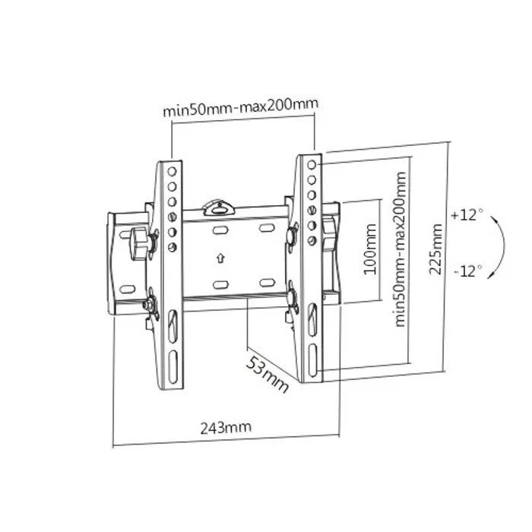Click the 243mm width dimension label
(x=226, y=427)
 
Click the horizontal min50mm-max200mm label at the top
(x=240, y=108)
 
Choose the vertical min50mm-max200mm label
(x=401, y=249)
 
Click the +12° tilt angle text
(x=466, y=215)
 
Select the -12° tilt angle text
(x=466, y=271)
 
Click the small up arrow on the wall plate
(x=220, y=257)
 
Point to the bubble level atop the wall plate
(x=219, y=205)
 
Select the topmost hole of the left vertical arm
(x=173, y=170)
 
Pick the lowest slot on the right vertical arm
(x=312, y=363)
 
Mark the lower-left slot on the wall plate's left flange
(x=128, y=288)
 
